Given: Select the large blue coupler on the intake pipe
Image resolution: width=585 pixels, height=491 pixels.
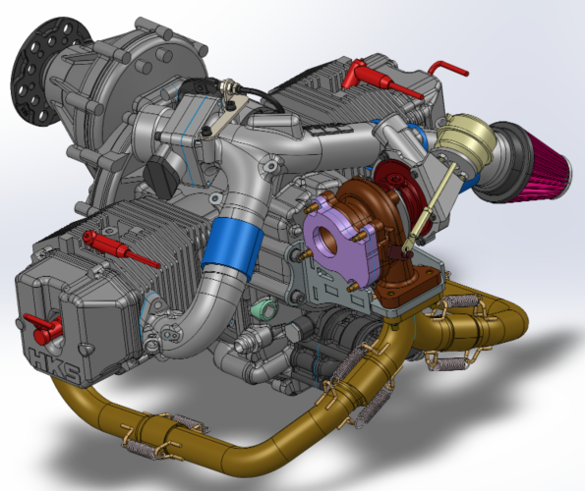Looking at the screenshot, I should [228, 245].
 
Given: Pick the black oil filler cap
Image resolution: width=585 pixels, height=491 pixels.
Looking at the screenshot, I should [159, 177].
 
